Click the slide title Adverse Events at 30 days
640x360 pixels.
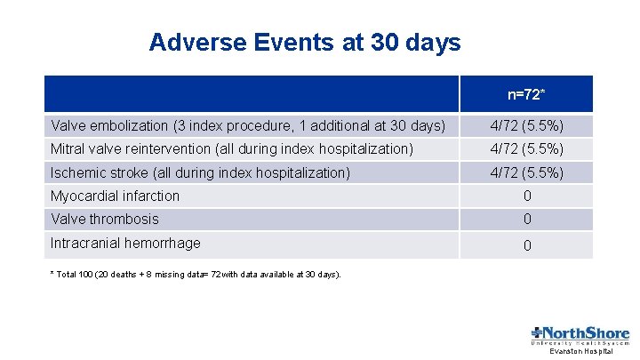tap(305, 42)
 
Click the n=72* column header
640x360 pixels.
tap(526, 94)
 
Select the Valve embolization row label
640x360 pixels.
tap(248, 125)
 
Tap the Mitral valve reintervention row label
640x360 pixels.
tap(232, 148)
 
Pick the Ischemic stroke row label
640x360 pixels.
tap(201, 172)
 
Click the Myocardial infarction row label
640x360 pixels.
tap(116, 196)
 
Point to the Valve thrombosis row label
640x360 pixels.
tap(105, 219)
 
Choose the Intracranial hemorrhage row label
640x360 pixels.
tap(125, 243)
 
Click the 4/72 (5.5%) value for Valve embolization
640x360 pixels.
tap(526, 125)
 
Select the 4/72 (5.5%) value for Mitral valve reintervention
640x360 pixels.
tap(526, 148)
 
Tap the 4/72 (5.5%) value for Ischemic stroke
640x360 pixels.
tap(526, 172)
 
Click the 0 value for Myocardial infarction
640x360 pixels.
tap(526, 196)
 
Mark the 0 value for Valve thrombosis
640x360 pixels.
tap(526, 220)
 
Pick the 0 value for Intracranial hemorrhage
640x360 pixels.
tap(526, 245)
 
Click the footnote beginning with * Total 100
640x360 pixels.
tap(196, 275)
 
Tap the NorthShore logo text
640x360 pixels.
tap(587, 332)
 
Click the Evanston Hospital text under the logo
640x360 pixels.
tap(581, 352)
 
